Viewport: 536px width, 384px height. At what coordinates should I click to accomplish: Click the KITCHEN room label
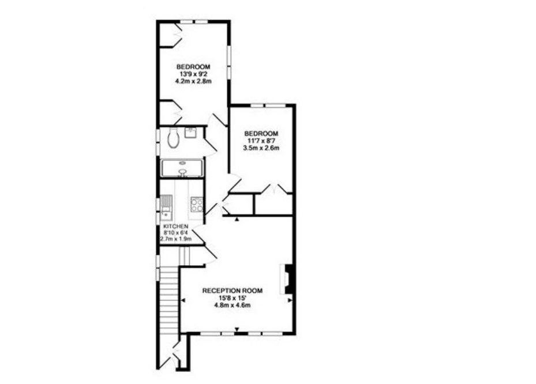point(176,227)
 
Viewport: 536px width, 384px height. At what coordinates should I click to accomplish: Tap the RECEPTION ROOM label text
point(233,291)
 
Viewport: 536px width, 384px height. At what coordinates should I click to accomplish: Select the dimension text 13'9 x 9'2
point(193,74)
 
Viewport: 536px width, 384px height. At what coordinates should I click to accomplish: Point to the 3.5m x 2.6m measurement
point(261,148)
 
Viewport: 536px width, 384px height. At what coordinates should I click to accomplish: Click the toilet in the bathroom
point(174,138)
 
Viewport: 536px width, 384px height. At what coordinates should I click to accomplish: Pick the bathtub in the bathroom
point(182,168)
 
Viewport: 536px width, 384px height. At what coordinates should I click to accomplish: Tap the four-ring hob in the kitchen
point(197,205)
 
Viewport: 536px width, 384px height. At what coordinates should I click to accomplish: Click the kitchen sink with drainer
point(167,208)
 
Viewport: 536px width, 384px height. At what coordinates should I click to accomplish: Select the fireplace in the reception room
point(286,279)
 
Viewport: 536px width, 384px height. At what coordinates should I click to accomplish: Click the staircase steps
point(169,300)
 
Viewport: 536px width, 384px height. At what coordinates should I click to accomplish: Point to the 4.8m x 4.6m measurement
point(233,305)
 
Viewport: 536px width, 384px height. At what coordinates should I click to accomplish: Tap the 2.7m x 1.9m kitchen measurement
point(176,239)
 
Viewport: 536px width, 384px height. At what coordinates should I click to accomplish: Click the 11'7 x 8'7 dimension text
point(261,141)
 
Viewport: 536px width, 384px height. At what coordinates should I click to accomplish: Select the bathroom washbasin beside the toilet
point(190,132)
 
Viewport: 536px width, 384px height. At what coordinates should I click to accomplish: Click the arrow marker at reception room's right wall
point(290,300)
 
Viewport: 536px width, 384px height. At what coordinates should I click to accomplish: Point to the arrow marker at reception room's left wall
point(183,300)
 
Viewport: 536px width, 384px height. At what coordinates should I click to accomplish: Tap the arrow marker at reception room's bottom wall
point(237,330)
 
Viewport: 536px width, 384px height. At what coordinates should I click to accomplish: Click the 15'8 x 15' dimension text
point(233,298)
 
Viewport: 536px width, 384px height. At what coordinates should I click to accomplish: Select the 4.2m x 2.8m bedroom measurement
point(193,81)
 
